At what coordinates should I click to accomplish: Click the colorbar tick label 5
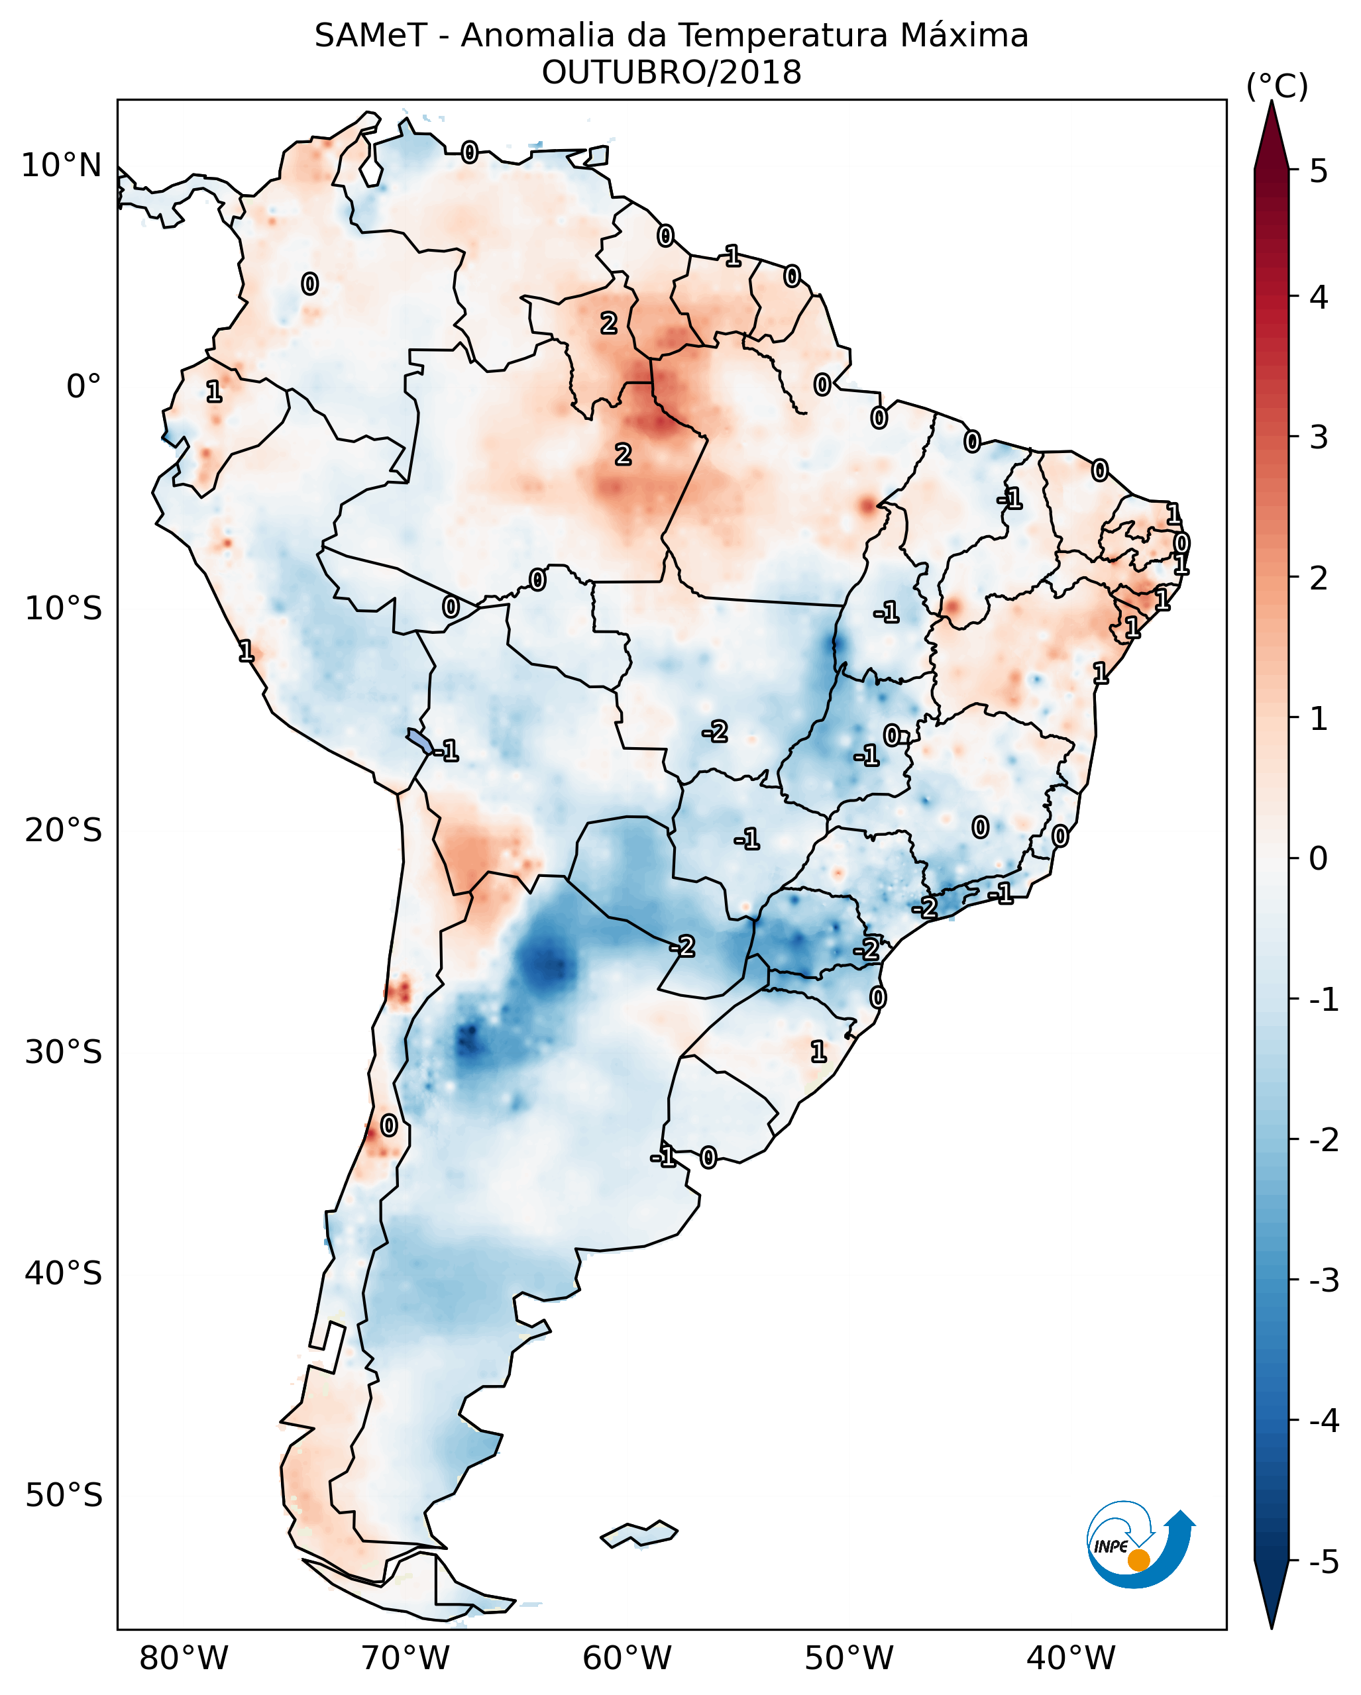(1319, 172)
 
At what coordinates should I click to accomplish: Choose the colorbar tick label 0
(1319, 858)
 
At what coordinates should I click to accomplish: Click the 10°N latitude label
(62, 166)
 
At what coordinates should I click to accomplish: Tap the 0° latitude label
(83, 387)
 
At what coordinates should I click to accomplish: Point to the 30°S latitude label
(63, 1053)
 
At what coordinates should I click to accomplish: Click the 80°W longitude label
(183, 1659)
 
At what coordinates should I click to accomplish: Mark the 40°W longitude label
(1070, 1659)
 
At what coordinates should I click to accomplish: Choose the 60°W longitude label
(627, 1659)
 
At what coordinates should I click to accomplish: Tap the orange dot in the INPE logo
(1138, 1561)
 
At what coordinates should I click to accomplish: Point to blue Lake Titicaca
(419, 740)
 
